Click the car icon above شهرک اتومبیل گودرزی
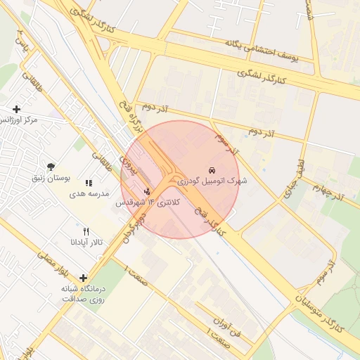212,170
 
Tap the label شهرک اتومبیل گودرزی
212,181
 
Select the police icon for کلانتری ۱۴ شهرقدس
147,191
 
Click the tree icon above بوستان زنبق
51,167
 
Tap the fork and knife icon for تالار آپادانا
86,231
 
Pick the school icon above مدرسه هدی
89,184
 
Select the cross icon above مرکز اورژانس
16,109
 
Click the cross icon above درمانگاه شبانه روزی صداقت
84,278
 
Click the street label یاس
22,46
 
